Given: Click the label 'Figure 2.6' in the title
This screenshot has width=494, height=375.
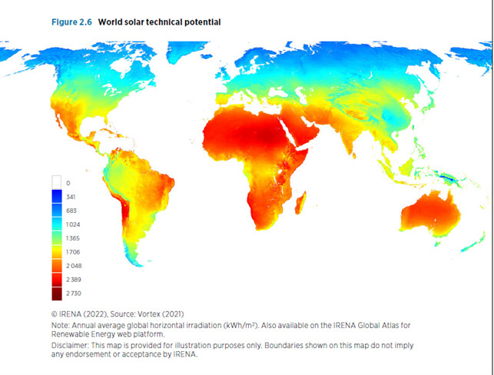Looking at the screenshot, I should point(71,22).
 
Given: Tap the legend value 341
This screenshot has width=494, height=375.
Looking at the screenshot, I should point(71,197).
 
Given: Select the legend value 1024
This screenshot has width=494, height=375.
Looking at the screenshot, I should point(72,224).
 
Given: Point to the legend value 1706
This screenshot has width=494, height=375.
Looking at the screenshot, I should point(72,252).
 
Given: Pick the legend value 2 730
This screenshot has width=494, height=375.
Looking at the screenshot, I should point(73,294).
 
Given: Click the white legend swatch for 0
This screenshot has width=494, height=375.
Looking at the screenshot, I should point(57,183).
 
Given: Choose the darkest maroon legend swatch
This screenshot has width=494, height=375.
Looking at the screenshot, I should point(57,294).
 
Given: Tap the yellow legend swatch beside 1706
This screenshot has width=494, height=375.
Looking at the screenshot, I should point(57,252).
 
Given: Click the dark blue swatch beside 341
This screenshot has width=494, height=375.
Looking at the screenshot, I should point(57,197).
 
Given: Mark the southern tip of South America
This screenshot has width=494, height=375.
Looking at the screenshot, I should point(136,262).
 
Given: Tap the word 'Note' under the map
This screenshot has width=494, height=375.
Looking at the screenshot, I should point(59,326).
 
